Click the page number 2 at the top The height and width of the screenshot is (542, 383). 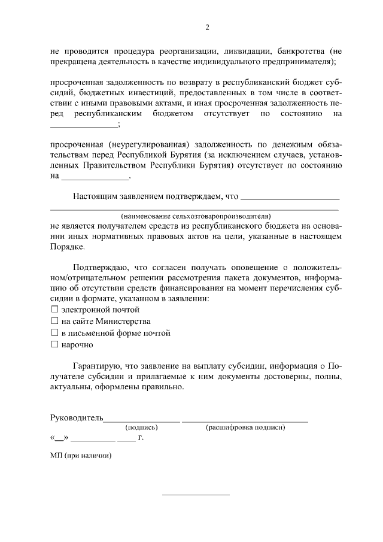pyautogui.click(x=206, y=27)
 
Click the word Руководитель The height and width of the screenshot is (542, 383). pyautogui.click(x=77, y=418)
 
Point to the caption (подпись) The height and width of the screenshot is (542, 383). pyautogui.click(x=141, y=428)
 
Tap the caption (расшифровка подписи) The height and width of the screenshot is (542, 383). pyautogui.click(x=245, y=428)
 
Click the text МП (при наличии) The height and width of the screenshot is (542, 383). pyautogui.click(x=81, y=455)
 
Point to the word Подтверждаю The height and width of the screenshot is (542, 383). pyautogui.click(x=99, y=267)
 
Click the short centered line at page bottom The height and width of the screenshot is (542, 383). pyautogui.click(x=196, y=495)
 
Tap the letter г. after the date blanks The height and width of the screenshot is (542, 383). pyautogui.click(x=141, y=438)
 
